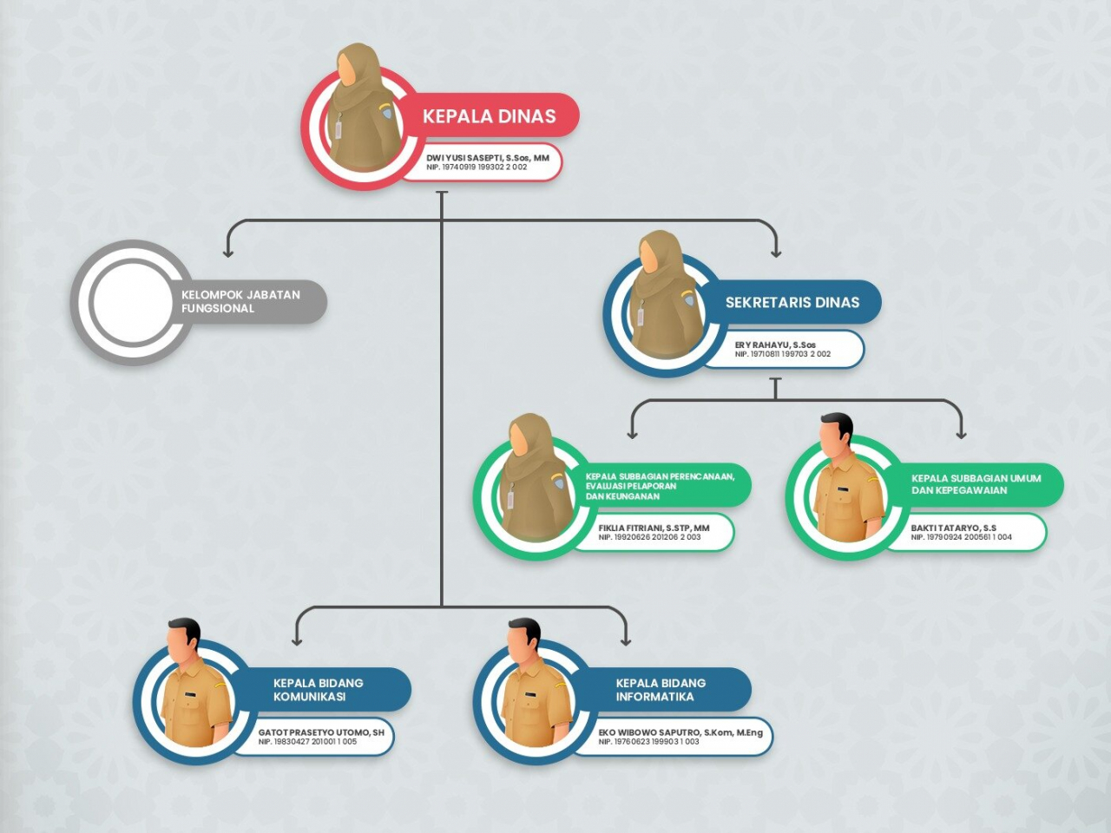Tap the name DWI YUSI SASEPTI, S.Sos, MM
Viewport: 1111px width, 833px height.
[x=488, y=158]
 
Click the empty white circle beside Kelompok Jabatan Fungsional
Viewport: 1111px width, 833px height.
[x=133, y=301]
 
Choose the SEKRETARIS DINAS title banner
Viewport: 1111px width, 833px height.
[x=792, y=302]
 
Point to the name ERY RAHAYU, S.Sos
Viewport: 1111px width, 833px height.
[x=775, y=345]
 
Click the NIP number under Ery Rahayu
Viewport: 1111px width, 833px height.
[x=783, y=354]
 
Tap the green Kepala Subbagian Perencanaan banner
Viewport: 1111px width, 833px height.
[x=661, y=486]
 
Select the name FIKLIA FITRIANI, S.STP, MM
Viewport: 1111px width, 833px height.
[x=654, y=528]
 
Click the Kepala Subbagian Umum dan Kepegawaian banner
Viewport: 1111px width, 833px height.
[x=976, y=484]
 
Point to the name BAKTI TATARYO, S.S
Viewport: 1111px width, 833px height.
[x=954, y=528]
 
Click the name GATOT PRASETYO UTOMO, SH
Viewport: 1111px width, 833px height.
[x=321, y=732]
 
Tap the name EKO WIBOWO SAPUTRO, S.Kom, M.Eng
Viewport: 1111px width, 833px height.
[x=680, y=732]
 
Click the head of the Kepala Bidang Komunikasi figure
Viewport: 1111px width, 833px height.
[x=184, y=639]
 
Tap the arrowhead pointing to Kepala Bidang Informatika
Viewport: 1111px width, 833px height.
[x=626, y=641]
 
